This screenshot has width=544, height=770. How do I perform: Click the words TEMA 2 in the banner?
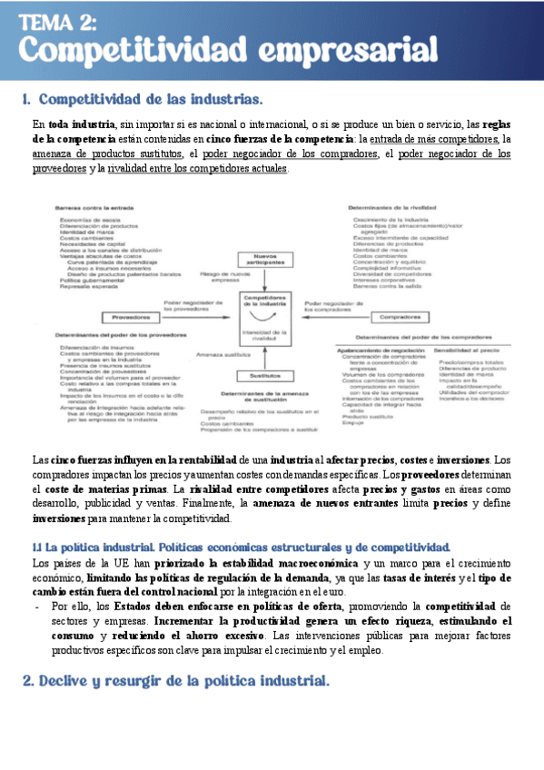click(x=59, y=22)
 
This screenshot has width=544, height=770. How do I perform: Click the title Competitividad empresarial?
click(x=229, y=50)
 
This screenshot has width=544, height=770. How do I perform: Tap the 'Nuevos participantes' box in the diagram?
click(x=264, y=260)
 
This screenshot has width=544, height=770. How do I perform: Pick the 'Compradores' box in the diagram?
click(x=399, y=318)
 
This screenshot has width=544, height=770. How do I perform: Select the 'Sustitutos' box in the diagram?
click(x=264, y=376)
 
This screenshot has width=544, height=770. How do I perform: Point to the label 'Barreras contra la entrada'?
click(x=87, y=209)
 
